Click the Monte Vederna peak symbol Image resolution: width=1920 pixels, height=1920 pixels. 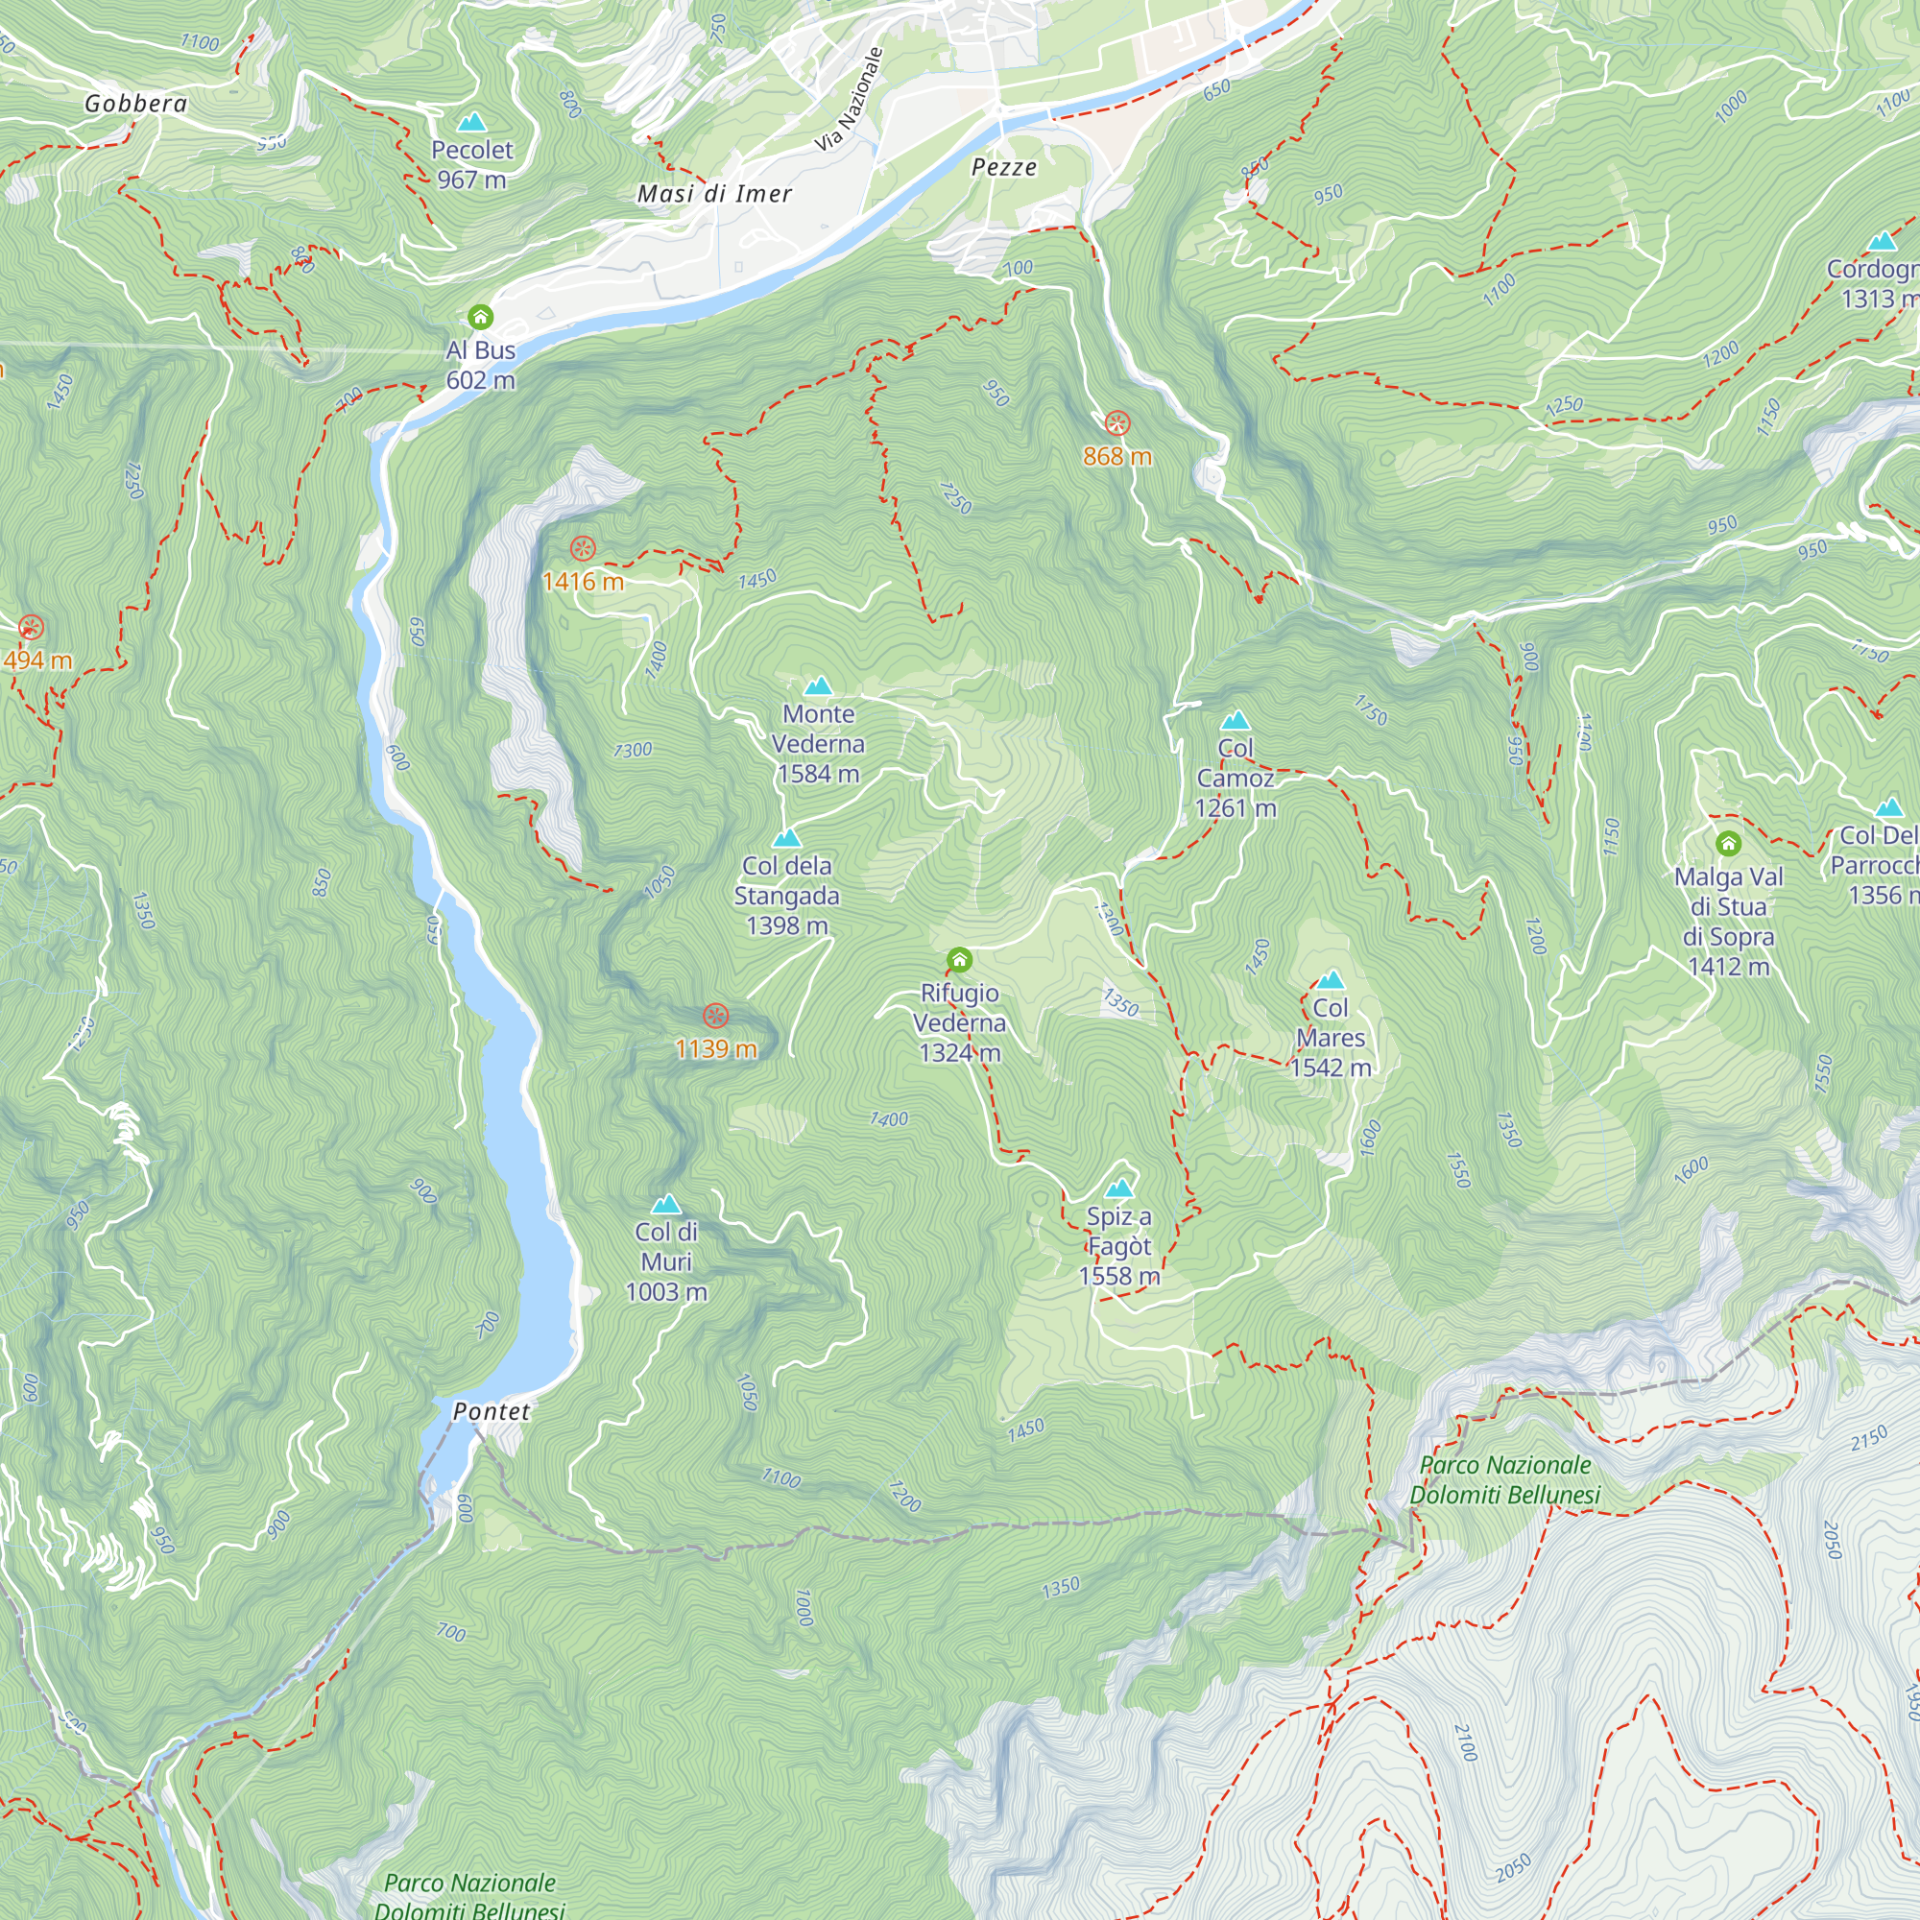[818, 685]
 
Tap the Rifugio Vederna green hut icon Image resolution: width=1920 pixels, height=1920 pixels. [959, 960]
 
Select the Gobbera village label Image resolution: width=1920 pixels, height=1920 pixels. [136, 104]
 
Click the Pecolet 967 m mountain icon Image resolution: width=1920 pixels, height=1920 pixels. [471, 122]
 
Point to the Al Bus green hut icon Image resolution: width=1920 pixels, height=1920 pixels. [480, 318]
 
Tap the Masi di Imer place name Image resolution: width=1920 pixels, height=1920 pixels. [714, 194]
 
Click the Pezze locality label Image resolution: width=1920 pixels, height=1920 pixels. [1004, 167]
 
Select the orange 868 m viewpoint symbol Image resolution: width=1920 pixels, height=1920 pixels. [1117, 423]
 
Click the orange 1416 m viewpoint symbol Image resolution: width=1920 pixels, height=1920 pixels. [583, 548]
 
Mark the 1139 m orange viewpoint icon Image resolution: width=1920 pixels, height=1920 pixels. [715, 1016]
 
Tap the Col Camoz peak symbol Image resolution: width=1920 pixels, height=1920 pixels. [1236, 719]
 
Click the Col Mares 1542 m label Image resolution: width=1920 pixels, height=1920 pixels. [1331, 1037]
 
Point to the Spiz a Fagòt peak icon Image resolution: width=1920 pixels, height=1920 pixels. [1119, 1188]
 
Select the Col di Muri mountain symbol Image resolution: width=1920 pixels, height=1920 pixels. [666, 1205]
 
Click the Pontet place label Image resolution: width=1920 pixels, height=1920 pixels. [491, 1411]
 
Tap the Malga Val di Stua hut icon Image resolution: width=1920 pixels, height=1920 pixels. [1728, 844]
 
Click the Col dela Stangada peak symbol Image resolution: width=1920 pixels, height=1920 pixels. [786, 838]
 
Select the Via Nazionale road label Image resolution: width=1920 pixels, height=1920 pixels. [849, 100]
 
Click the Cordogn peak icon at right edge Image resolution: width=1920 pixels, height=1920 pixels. [1882, 242]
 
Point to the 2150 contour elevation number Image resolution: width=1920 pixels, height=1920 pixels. [1868, 1438]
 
